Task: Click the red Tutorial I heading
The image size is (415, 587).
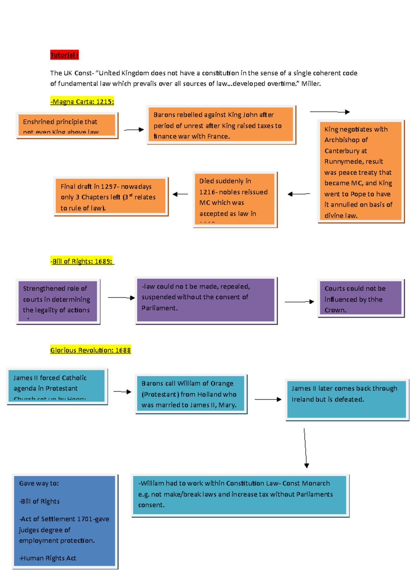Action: [64, 55]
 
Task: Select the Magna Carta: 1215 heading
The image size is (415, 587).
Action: [82, 102]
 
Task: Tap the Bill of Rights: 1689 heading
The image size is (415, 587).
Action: [82, 261]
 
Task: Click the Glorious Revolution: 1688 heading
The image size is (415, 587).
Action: [90, 350]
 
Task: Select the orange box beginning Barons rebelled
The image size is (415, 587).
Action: [221, 125]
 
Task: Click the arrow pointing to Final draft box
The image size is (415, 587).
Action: [180, 194]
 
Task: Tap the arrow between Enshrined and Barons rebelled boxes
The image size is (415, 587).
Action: [133, 130]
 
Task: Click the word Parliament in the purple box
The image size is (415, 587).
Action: [159, 308]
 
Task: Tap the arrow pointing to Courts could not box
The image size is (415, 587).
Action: [299, 302]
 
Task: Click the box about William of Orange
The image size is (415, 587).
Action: [191, 394]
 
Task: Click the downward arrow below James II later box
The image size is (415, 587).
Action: [305, 448]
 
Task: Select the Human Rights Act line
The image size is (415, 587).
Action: [48, 558]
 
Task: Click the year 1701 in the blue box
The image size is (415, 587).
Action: [85, 519]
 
